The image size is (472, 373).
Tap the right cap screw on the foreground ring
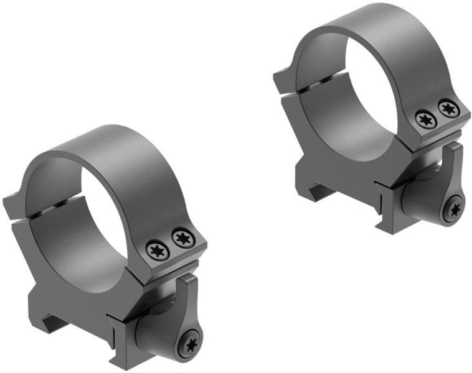[x=181, y=237]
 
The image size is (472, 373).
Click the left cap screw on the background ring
[x=426, y=119]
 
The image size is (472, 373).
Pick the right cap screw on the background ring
[x=447, y=108]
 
